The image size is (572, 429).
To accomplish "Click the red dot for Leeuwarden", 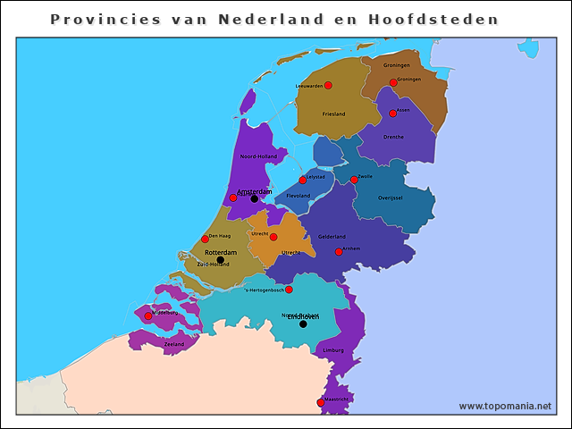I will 328,85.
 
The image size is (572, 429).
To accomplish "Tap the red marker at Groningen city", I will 393,83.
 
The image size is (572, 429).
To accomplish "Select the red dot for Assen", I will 392,114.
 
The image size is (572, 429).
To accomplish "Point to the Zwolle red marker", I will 354,180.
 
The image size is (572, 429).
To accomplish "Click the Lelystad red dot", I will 303,180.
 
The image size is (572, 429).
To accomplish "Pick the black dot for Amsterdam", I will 254,199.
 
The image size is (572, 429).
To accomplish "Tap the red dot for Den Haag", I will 205,239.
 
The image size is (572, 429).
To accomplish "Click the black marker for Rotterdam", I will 221,260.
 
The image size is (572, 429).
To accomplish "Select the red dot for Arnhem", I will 339,252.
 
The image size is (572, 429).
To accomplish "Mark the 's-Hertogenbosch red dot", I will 289,290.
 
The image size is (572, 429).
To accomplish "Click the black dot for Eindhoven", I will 303,324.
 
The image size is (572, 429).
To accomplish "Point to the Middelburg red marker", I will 148,315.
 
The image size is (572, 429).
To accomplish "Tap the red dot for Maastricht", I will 321,402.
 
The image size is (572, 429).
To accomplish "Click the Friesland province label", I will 333,114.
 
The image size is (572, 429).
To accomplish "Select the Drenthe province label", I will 393,137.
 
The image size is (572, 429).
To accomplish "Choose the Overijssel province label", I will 391,198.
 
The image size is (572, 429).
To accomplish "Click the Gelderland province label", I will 332,237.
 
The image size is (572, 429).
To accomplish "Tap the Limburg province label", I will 333,350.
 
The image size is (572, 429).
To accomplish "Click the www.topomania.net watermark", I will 505,407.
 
